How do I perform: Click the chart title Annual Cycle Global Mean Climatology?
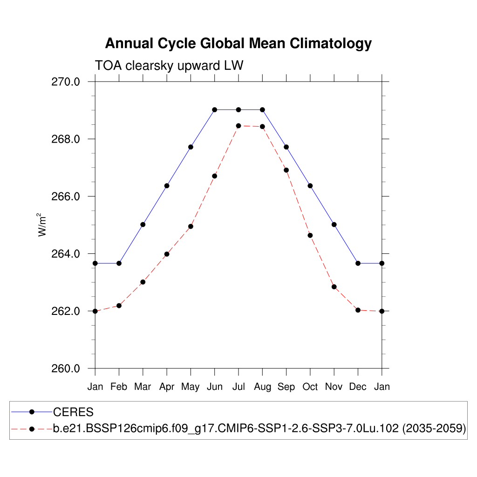(x=238, y=43)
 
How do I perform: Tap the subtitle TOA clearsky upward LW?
(x=169, y=66)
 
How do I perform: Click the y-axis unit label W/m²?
(x=42, y=225)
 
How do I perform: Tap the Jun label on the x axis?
(x=214, y=387)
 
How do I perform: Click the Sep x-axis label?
(x=286, y=387)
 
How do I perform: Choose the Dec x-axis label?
(x=358, y=387)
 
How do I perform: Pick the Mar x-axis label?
(x=143, y=387)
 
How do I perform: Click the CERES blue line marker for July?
(x=238, y=110)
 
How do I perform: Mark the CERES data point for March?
(x=143, y=225)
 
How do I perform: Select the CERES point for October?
(x=310, y=186)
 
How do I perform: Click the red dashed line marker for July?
(x=238, y=126)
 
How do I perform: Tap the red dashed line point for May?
(x=191, y=226)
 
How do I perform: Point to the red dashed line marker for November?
(x=334, y=287)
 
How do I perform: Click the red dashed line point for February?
(x=119, y=306)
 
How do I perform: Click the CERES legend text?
(x=74, y=412)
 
